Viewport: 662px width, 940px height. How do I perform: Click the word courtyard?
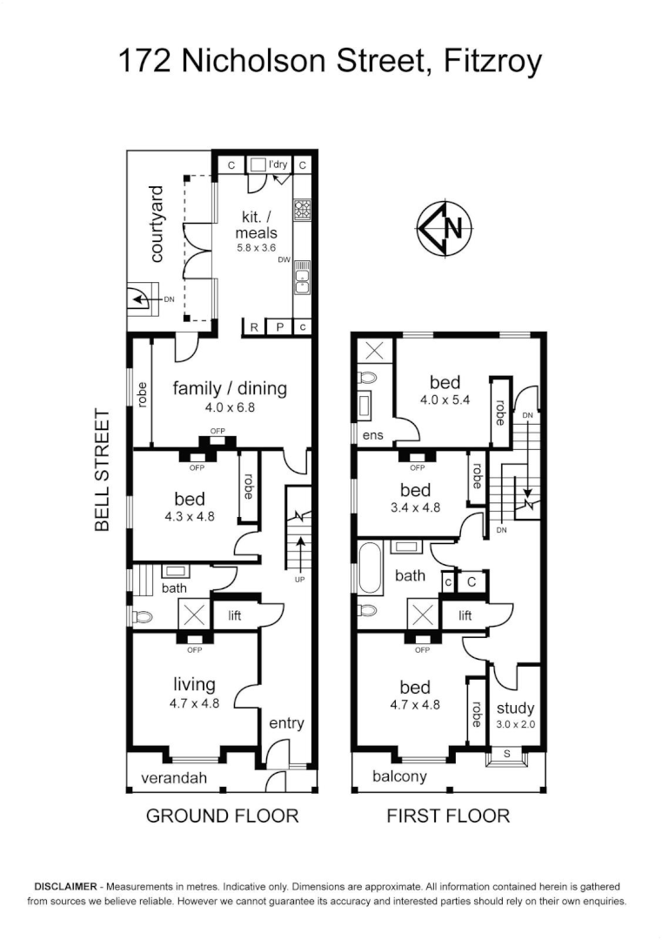click(x=157, y=224)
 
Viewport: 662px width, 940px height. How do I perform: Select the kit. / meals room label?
click(x=256, y=225)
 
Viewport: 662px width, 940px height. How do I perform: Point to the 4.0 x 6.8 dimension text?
click(x=230, y=406)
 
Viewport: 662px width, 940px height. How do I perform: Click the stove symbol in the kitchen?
click(x=303, y=210)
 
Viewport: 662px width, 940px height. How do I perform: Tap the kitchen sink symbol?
click(x=303, y=278)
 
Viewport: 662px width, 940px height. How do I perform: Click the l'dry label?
click(x=278, y=164)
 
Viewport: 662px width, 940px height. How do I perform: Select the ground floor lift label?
click(x=234, y=615)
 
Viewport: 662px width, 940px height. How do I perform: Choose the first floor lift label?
click(x=465, y=615)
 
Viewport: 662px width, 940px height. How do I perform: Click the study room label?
click(x=515, y=708)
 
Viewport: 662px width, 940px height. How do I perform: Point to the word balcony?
click(x=399, y=776)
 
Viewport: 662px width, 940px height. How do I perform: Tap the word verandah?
click(x=175, y=777)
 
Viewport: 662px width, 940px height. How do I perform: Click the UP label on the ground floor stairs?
click(x=300, y=580)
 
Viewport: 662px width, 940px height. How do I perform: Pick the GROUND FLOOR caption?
click(x=222, y=816)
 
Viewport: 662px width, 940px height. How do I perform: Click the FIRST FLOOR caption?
click(x=448, y=816)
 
